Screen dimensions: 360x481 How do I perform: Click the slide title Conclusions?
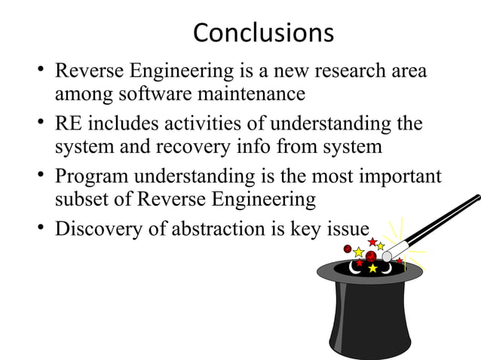point(263,32)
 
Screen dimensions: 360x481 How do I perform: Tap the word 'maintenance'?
point(256,95)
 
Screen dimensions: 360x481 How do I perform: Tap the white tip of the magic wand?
point(387,256)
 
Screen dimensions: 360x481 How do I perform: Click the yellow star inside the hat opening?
point(372,268)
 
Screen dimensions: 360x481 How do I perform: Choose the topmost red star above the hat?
point(372,241)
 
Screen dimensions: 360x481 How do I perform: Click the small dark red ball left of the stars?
point(348,249)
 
